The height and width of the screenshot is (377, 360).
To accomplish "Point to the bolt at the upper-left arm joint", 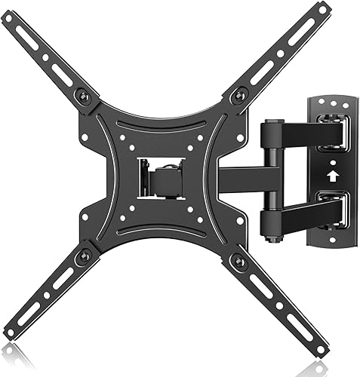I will (85, 97).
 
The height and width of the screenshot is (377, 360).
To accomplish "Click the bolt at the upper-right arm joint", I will (240, 95).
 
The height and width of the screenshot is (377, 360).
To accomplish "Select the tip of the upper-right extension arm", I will (323, 10).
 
